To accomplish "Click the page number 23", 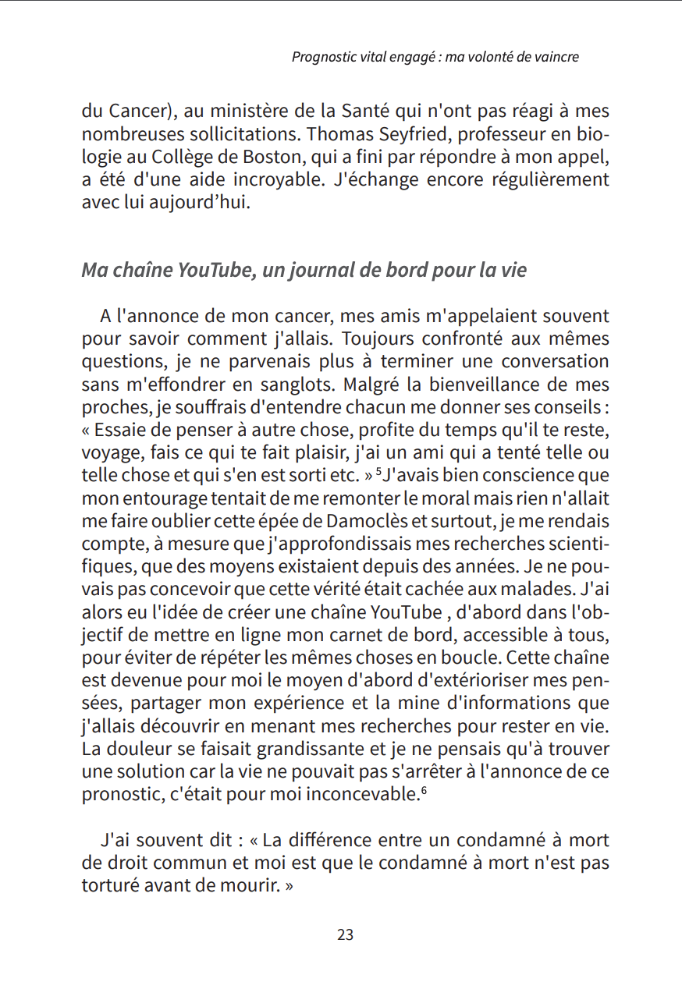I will [345, 934].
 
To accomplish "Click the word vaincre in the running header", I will [556, 57].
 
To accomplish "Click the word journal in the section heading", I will [325, 271].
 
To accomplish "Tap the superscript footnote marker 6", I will [424, 791].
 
